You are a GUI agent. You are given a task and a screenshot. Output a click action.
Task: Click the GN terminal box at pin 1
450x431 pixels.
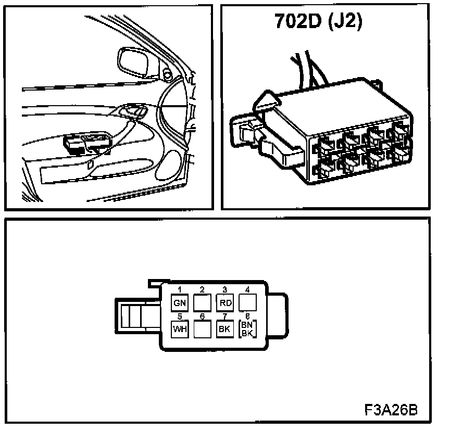coord(179,302)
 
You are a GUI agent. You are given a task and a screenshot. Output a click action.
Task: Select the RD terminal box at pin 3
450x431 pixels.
coord(224,302)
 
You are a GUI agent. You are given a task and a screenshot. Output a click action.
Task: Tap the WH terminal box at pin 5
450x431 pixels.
coord(179,329)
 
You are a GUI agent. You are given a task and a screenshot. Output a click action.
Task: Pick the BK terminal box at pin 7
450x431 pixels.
coord(224,329)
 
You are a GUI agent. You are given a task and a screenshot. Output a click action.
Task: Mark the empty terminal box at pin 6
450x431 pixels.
coord(202,329)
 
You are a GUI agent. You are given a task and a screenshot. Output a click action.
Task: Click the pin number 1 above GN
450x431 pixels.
coord(179,289)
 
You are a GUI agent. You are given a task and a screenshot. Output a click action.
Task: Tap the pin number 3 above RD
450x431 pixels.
coord(224,289)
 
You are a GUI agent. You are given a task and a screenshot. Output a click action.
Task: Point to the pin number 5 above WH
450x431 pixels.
coord(179,316)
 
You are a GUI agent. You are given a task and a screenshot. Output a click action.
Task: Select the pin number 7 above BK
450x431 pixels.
coord(224,316)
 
